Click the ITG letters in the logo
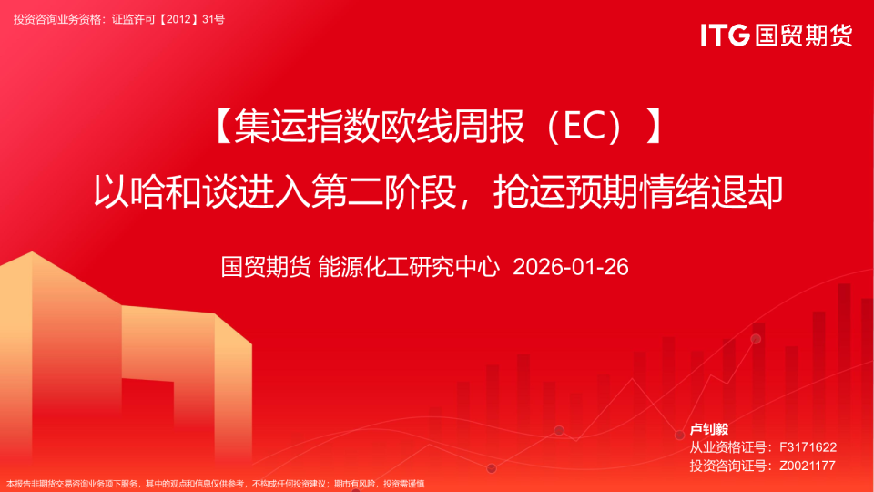click(x=725, y=36)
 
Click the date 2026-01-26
click(x=571, y=267)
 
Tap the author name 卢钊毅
click(x=709, y=429)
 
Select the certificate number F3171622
click(x=808, y=447)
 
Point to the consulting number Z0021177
click(x=808, y=466)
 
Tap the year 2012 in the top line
click(x=179, y=19)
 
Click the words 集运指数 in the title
click(x=306, y=127)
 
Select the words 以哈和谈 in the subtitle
click(x=165, y=191)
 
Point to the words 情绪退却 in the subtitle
click(x=711, y=191)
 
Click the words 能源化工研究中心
click(x=409, y=267)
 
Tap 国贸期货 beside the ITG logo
click(x=804, y=36)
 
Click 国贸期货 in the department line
click(x=266, y=267)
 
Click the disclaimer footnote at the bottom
click(x=215, y=484)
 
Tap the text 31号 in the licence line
click(x=213, y=19)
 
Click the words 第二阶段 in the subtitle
click(x=382, y=191)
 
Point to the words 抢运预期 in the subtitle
click(x=566, y=191)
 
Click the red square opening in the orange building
click(x=147, y=418)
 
